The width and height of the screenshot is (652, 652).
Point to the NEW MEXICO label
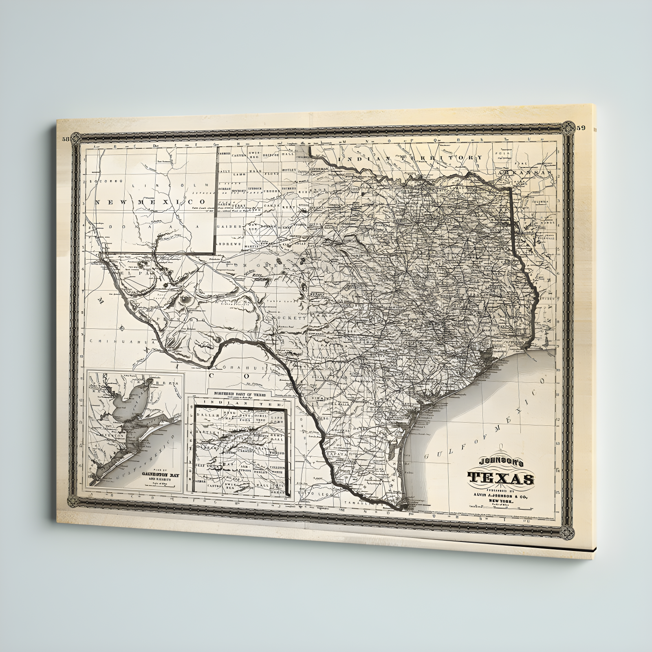click(150, 202)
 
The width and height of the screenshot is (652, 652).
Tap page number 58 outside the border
click(66, 139)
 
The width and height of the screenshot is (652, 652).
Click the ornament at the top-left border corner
click(77, 139)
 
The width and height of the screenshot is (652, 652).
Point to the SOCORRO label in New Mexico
click(100, 180)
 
